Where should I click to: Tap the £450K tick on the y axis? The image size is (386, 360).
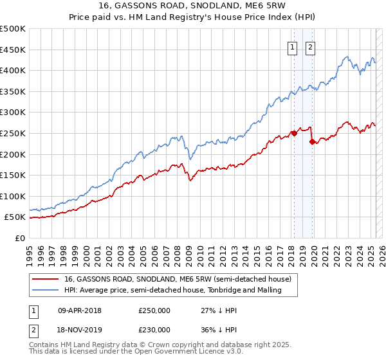click(13, 50)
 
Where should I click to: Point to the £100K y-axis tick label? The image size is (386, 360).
click(13, 196)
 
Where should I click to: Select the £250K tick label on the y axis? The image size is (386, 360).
click(13, 133)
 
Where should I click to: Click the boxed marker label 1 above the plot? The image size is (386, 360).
click(293, 46)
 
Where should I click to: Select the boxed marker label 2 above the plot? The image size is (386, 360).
click(311, 46)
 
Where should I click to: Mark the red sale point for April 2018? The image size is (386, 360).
click(294, 134)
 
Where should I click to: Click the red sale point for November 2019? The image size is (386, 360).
click(312, 142)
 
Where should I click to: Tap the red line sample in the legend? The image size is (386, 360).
click(46, 279)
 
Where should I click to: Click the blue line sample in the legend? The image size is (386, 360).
click(46, 291)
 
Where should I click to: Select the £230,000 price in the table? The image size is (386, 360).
click(154, 329)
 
